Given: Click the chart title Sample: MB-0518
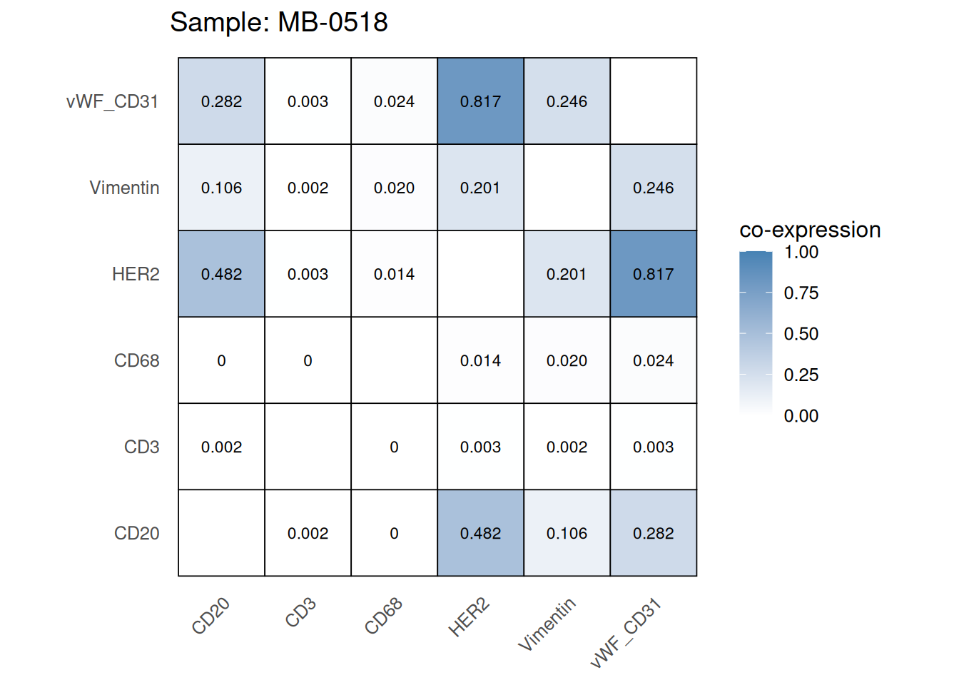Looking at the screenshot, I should (278, 23).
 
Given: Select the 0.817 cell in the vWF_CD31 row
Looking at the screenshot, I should (480, 101).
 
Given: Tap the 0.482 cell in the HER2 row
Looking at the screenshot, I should (221, 274).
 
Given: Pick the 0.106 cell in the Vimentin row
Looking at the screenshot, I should (221, 188).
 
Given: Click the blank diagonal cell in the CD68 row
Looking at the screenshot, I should (394, 360).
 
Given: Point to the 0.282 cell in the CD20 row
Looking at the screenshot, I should (653, 533).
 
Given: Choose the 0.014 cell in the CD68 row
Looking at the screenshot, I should (480, 360).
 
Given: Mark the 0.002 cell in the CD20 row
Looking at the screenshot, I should (308, 533).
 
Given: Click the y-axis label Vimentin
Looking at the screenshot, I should (124, 188).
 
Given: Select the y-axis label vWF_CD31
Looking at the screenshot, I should (112, 101).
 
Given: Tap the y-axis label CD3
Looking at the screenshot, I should (141, 447).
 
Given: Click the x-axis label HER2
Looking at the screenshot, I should (469, 617).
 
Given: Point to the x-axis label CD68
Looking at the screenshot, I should (384, 616).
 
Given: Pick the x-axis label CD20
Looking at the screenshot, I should (211, 616).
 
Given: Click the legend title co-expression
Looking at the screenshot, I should (810, 230).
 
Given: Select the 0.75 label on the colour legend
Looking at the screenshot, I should (801, 293).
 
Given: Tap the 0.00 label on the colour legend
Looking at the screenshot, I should (801, 416).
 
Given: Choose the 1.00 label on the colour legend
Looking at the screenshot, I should (801, 253).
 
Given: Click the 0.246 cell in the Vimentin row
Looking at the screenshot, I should (653, 188).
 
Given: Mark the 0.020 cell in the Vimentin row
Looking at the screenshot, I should (394, 188).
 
